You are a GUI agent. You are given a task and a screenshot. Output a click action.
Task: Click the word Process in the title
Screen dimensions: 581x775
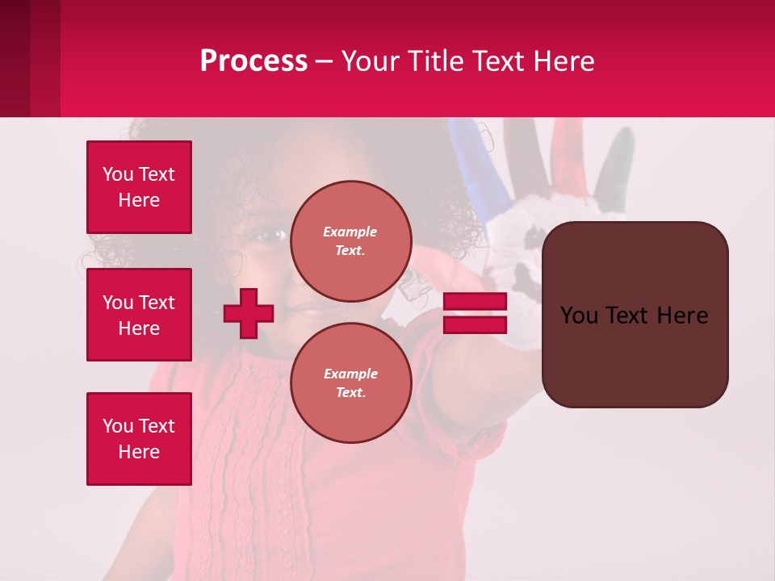(x=253, y=61)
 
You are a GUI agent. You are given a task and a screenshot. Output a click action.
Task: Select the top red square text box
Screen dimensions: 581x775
(x=139, y=187)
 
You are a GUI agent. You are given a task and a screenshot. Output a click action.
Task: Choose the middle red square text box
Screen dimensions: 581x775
(x=139, y=315)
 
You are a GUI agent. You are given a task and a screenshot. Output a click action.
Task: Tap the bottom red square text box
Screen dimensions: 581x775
(x=139, y=439)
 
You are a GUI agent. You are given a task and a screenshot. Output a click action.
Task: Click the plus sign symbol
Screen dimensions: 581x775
(x=249, y=312)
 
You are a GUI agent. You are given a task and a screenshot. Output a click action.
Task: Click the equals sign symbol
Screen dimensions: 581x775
(x=475, y=313)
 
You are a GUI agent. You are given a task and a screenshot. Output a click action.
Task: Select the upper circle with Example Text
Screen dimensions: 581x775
(x=350, y=240)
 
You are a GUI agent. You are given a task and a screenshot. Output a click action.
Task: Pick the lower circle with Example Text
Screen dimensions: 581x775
(x=350, y=382)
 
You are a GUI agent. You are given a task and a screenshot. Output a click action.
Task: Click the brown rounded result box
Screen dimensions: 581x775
(x=635, y=315)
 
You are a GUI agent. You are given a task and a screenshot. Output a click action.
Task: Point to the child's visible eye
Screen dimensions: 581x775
(x=270, y=235)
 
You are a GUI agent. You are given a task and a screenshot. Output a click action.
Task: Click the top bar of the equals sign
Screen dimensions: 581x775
(x=475, y=302)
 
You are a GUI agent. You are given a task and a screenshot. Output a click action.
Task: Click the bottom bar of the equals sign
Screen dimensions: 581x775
(x=475, y=324)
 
